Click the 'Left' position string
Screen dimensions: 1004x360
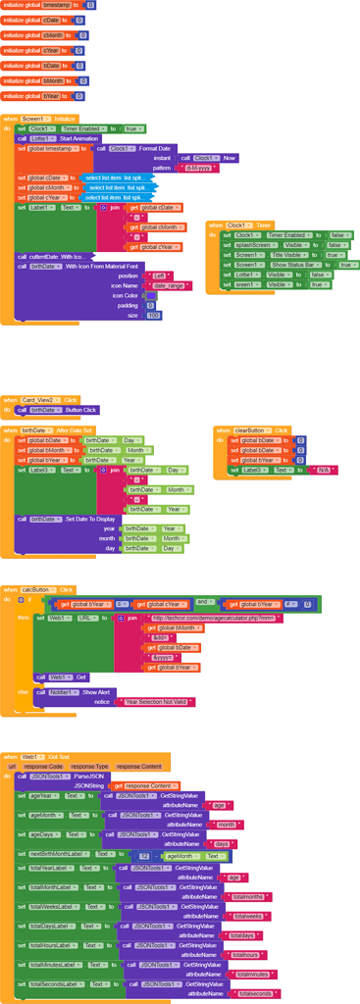pyautogui.click(x=160, y=276)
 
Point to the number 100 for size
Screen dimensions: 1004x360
pyautogui.click(x=153, y=315)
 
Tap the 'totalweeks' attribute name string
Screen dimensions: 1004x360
pyautogui.click(x=252, y=916)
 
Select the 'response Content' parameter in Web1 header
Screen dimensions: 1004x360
pyautogui.click(x=138, y=765)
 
